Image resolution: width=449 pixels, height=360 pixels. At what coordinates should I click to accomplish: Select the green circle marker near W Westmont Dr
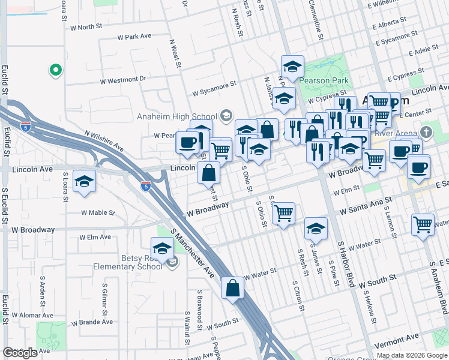(x=55, y=71)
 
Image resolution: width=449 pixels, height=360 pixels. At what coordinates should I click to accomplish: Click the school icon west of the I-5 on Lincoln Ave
(x=85, y=181)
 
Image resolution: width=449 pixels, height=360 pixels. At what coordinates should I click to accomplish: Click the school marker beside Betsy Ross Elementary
(x=162, y=248)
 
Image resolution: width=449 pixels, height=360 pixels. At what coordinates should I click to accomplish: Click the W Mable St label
(x=98, y=212)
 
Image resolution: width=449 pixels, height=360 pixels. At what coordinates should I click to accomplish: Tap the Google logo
(x=20, y=353)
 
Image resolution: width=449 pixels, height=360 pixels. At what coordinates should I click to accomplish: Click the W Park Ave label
(x=137, y=37)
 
